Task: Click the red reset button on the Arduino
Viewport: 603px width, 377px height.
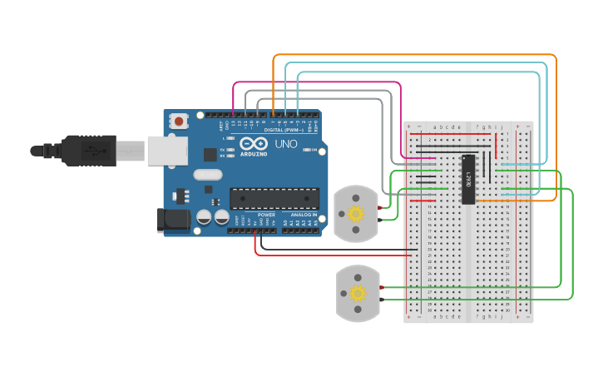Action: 177,122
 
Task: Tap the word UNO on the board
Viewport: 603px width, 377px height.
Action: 285,144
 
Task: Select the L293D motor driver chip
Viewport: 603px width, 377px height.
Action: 468,179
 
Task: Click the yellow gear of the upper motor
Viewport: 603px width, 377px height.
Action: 356,214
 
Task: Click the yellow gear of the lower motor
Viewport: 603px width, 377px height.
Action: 358,293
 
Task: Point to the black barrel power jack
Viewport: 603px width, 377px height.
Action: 173,219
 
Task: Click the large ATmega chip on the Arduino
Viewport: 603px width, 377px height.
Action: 274,199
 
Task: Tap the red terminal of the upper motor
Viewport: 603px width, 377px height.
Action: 380,207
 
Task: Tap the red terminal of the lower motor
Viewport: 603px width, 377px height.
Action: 382,287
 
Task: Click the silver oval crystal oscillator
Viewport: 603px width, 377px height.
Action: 208,175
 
